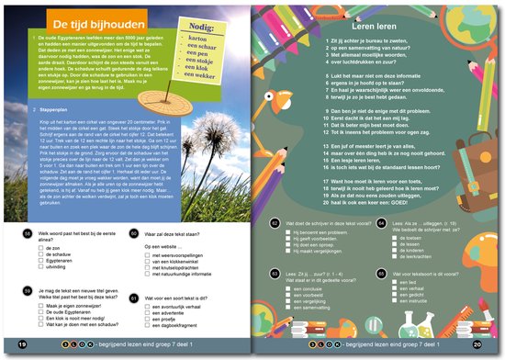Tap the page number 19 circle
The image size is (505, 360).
[x=20, y=344]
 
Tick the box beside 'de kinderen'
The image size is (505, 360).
[x=393, y=250]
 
